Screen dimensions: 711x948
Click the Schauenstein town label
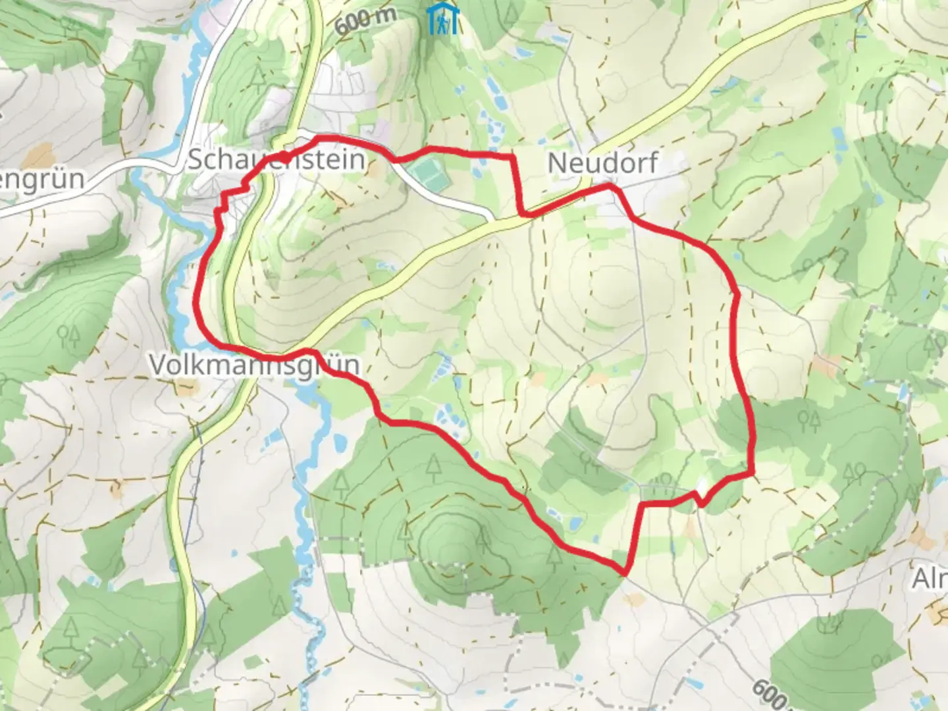[x=276, y=159]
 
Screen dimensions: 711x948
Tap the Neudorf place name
[x=602, y=163]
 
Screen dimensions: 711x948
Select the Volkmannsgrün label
[x=255, y=364]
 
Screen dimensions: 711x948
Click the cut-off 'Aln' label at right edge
[x=930, y=579]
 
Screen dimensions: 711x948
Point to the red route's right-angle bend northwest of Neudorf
[x=512, y=157]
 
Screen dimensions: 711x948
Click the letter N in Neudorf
[x=556, y=164]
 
